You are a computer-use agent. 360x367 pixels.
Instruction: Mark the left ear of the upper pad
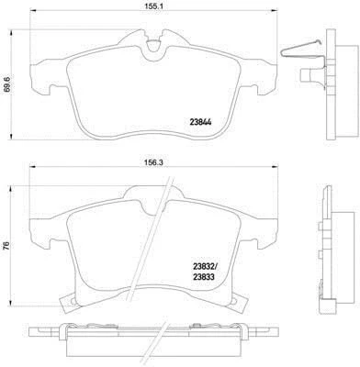(x=39, y=71)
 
